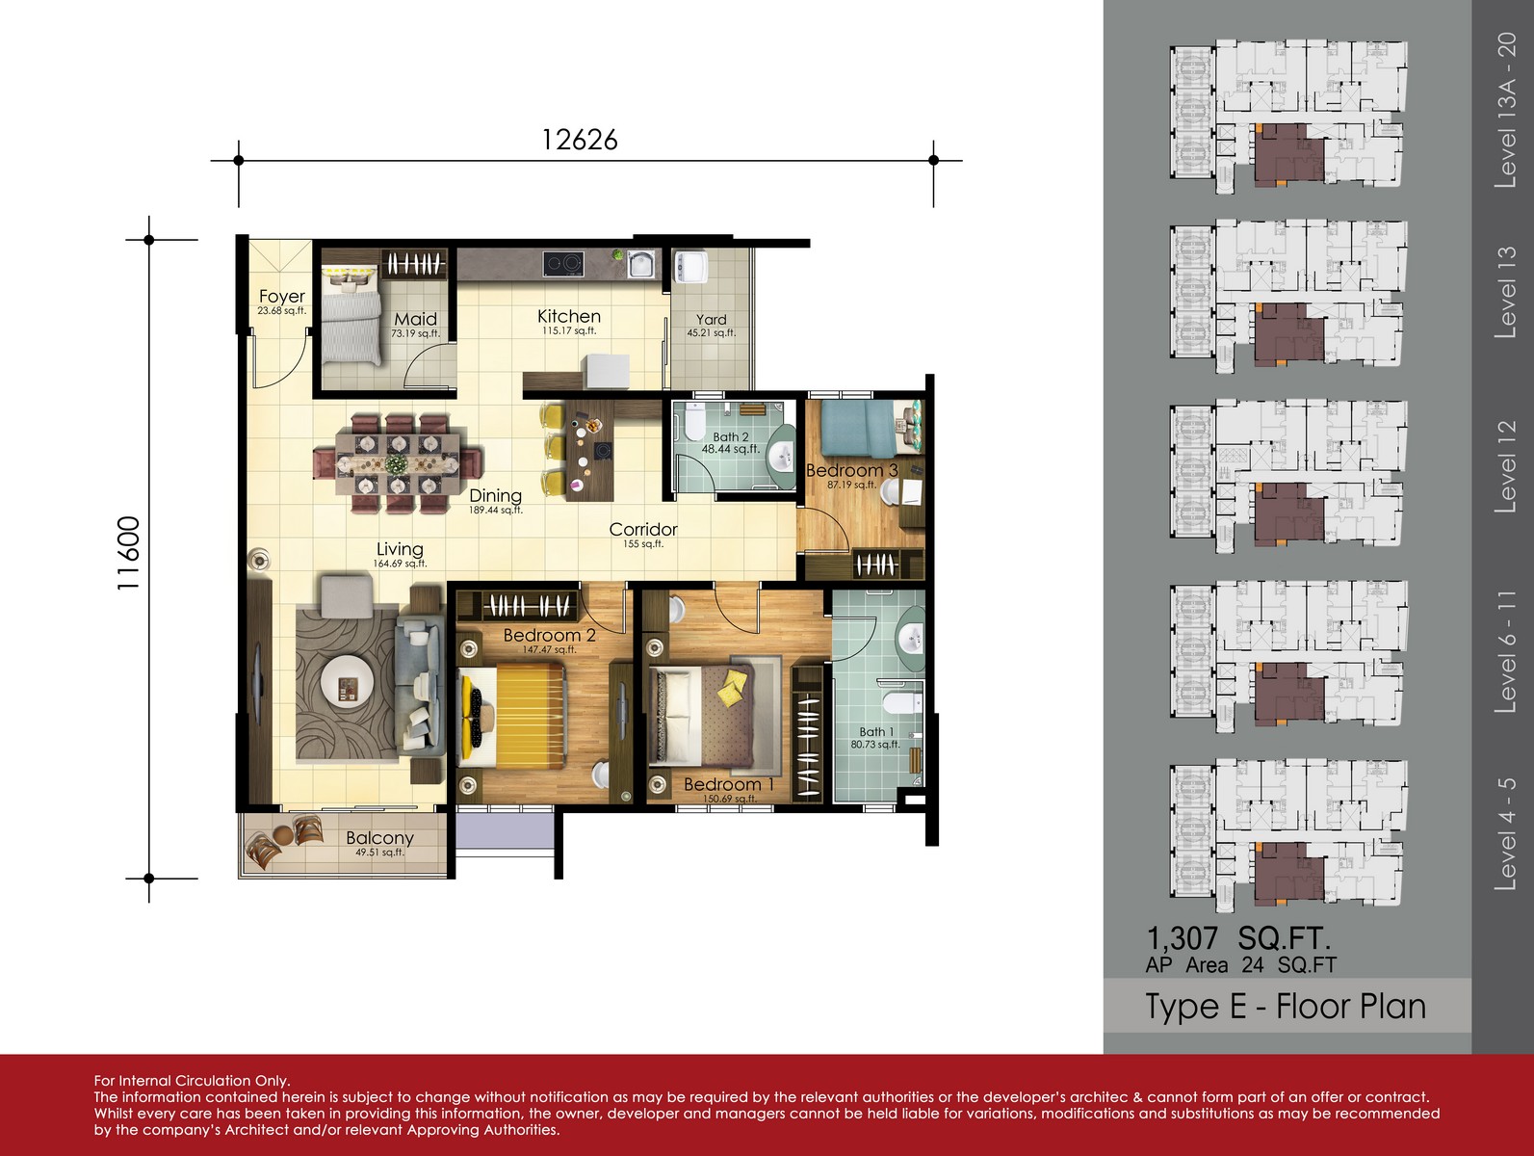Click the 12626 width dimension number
tap(580, 140)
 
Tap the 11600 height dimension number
tap(129, 553)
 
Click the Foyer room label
tap(281, 296)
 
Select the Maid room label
tap(415, 320)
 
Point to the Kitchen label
tap(569, 316)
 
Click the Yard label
tap(711, 320)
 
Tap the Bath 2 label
tap(730, 436)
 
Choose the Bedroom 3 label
tap(852, 470)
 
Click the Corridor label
tap(643, 529)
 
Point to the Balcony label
tap(379, 837)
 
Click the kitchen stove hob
tap(563, 264)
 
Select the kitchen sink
tap(640, 264)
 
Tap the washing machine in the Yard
tap(690, 268)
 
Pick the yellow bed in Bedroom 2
tap(512, 717)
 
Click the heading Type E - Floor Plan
tap(1286, 1007)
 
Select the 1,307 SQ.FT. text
tap(1237, 938)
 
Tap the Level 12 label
tap(1505, 466)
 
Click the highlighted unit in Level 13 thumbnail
tap(1288, 333)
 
